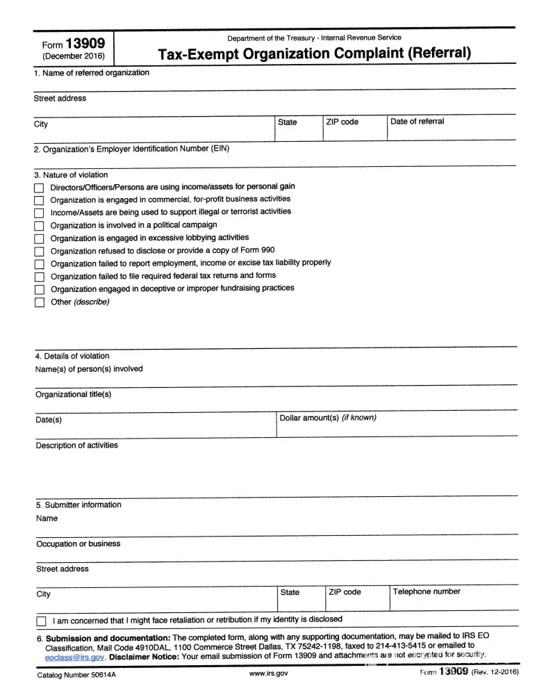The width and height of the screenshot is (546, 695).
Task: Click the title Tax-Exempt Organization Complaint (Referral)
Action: (x=314, y=53)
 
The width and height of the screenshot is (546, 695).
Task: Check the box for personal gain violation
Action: (x=39, y=188)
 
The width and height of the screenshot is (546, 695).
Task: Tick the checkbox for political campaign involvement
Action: (x=39, y=226)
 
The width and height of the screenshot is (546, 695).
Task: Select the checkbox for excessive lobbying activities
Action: (x=39, y=239)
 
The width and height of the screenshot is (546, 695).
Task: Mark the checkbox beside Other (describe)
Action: (x=39, y=302)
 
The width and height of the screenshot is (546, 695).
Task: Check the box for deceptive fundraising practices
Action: (x=39, y=289)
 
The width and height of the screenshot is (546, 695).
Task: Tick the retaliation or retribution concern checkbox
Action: (x=41, y=621)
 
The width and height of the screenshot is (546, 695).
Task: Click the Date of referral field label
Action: (x=417, y=122)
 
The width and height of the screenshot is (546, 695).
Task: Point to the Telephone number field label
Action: (x=427, y=592)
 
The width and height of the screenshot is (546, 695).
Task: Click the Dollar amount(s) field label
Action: (x=327, y=418)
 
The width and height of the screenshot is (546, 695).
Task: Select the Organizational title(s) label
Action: (x=73, y=395)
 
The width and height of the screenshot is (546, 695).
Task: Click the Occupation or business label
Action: (x=78, y=544)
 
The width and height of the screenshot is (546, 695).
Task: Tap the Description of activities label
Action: (x=76, y=445)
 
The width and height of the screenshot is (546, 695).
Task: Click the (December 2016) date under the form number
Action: (x=72, y=56)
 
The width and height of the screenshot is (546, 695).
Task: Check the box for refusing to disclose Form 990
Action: (x=39, y=252)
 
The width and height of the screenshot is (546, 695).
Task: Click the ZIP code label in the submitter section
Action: (x=345, y=592)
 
